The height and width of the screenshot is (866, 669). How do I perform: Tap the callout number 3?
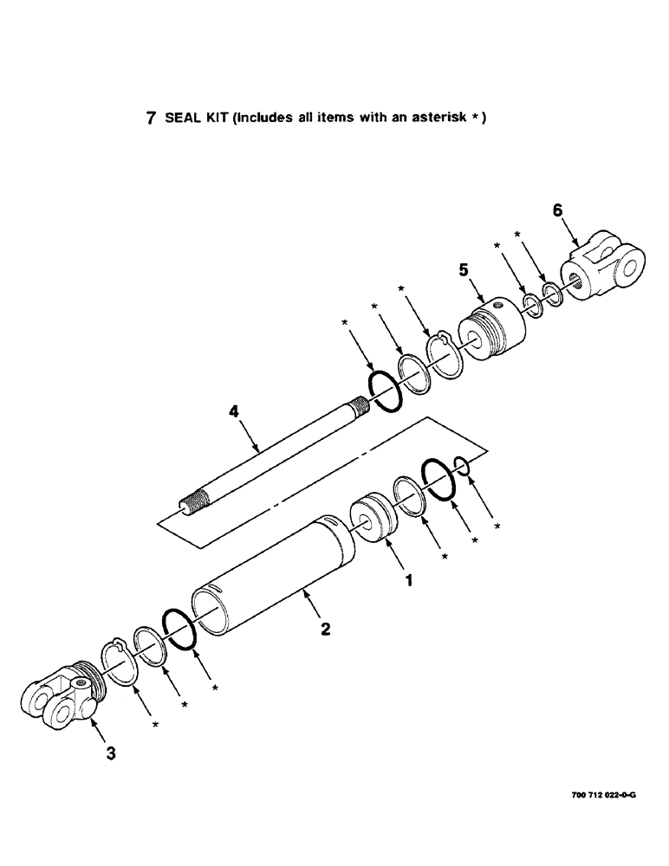109,753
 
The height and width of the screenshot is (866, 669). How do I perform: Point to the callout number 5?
464,271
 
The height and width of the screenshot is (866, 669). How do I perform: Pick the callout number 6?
557,210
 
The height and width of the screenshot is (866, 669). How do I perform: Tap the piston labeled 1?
373,518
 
